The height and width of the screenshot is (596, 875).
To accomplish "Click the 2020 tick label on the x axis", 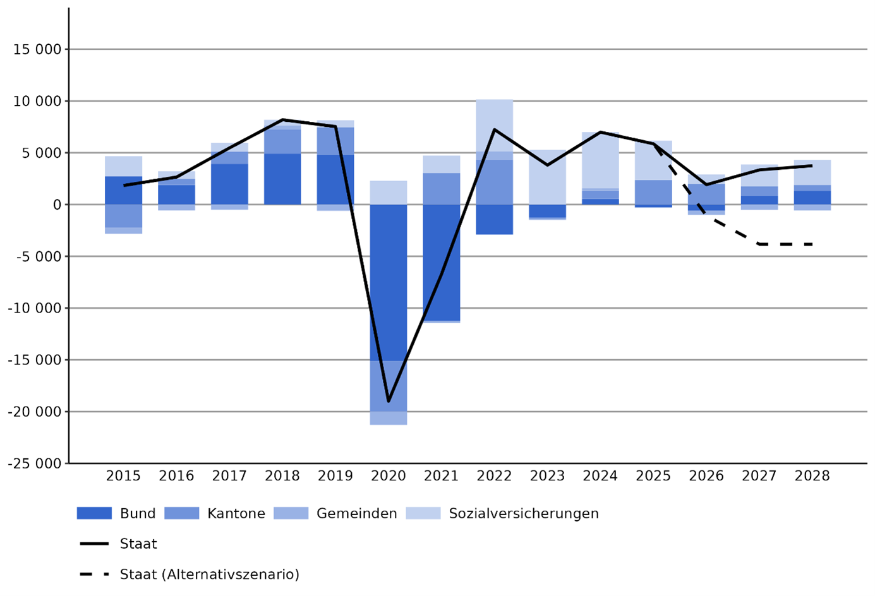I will pos(388,476).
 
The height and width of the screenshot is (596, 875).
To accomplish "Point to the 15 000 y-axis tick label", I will pos(37,49).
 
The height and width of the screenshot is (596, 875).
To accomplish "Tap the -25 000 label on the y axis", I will pos(35,463).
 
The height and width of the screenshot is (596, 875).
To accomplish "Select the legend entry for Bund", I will pos(137,513).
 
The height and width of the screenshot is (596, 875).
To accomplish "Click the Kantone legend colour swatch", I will pos(181,513).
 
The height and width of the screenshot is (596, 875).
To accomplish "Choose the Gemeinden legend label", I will pos(356,513).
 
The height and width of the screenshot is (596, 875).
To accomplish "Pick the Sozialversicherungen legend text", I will pos(523,513).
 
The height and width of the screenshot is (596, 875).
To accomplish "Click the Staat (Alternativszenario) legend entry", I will pos(209,575).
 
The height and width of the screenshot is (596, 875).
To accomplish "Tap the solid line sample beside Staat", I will pos(94,544).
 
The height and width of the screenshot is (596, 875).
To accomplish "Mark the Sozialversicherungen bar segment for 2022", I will pos(494,125).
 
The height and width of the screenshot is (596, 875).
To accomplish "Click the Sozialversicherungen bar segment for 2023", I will pos(547,177).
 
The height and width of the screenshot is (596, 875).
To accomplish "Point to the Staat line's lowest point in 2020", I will pos(388,401).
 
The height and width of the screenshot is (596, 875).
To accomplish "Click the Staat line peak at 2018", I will pos(282,119).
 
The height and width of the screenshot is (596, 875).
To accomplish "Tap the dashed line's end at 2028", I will pos(812,244).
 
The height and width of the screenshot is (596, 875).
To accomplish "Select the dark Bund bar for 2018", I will pos(282,179).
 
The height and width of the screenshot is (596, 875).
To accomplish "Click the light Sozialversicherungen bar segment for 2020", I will pos(388,193).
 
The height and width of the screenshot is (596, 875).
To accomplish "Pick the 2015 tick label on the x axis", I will pos(123,476).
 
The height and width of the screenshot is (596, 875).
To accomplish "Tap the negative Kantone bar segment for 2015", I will pos(123,216).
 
